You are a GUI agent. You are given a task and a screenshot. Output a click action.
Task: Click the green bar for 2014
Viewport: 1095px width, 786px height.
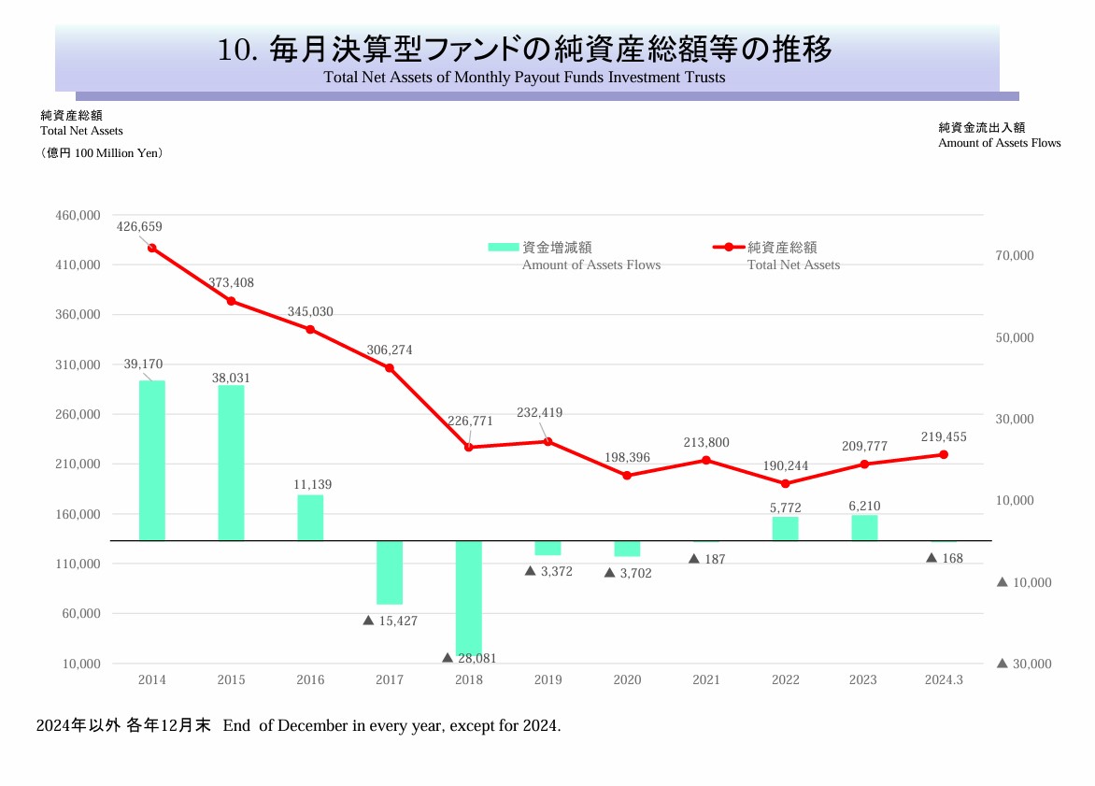[x=152, y=460]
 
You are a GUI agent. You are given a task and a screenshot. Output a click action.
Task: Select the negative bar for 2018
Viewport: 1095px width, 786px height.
[x=469, y=597]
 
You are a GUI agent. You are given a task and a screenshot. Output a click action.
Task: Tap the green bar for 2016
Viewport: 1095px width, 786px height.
[x=310, y=517]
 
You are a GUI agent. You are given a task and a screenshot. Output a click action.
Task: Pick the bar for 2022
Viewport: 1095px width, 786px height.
[x=786, y=528]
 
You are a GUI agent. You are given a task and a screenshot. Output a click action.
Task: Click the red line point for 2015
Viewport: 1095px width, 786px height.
[x=231, y=301]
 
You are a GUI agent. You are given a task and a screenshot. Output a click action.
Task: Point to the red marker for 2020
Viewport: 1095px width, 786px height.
[x=627, y=475]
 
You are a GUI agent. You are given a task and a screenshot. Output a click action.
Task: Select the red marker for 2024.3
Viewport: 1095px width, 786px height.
[x=944, y=454]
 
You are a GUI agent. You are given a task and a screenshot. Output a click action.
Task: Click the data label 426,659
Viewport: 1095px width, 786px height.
[x=139, y=226]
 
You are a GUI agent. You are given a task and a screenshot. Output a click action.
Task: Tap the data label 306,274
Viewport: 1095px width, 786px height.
[x=390, y=350]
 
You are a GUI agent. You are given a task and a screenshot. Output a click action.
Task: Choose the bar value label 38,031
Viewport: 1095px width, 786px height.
[x=231, y=378]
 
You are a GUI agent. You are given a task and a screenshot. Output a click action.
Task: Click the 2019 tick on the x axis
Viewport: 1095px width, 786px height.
[x=547, y=679]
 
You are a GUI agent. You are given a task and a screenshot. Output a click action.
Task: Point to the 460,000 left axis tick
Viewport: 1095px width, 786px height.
[x=78, y=215]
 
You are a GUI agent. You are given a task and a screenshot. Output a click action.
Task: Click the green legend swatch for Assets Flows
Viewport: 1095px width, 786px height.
[x=504, y=248]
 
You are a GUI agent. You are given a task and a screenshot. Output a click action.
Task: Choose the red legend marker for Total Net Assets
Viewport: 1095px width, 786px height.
[x=729, y=248]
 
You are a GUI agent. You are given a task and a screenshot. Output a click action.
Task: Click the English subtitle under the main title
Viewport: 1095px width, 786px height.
[x=524, y=78]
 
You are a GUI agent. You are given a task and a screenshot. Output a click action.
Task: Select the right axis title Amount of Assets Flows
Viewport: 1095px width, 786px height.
[x=999, y=143]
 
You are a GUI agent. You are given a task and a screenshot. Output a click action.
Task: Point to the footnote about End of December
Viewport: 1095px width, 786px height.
[x=298, y=725]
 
